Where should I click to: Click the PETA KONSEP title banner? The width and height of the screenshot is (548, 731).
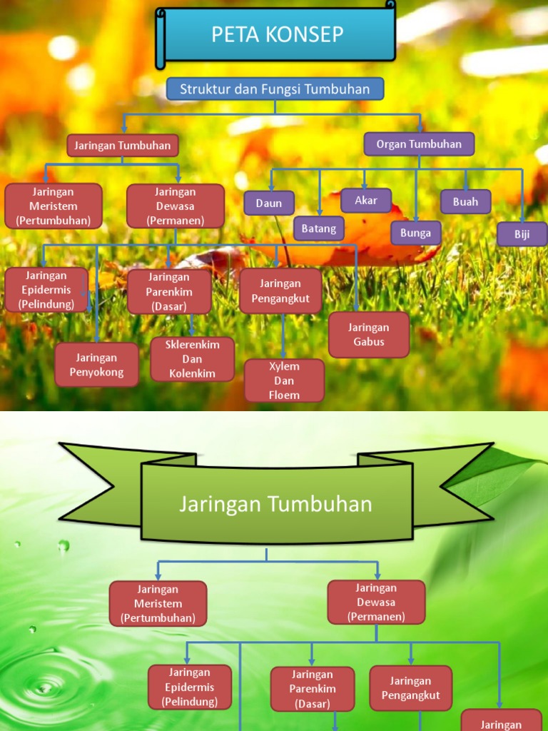(x=278, y=34)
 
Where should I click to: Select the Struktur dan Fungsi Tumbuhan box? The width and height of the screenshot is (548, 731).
(x=275, y=89)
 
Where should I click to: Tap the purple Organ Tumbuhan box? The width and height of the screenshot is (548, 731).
(x=419, y=143)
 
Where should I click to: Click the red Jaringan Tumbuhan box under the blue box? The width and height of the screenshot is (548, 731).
(x=123, y=146)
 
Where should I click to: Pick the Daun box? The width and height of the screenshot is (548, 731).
(x=269, y=203)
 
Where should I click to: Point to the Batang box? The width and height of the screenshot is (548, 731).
(x=319, y=228)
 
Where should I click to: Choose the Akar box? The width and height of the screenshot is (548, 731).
(x=365, y=201)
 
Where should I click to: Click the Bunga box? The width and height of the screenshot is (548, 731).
(x=415, y=233)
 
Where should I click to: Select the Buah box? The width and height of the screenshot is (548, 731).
(x=465, y=202)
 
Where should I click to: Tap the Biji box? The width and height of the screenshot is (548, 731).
(x=522, y=234)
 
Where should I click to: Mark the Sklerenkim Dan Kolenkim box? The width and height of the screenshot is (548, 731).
(x=192, y=359)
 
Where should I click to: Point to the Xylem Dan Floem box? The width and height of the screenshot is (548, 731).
(x=284, y=380)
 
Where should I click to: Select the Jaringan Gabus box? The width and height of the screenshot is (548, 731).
(x=369, y=334)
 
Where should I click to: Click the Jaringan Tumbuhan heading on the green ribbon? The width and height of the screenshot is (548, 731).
(x=275, y=504)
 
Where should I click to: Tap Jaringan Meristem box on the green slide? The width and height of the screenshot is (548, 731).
(x=158, y=603)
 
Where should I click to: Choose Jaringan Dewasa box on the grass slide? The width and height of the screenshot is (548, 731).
(x=175, y=206)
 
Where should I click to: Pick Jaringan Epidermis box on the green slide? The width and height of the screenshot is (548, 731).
(x=189, y=687)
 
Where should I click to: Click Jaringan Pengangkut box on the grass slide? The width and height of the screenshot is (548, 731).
(x=280, y=291)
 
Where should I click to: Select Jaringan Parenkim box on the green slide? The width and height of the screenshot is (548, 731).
(x=312, y=689)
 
